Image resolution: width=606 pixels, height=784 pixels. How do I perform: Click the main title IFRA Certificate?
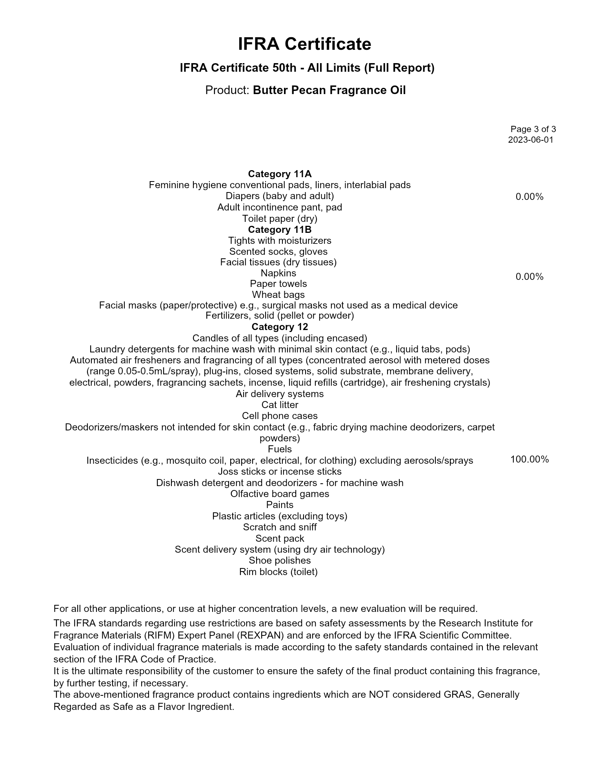click(304, 44)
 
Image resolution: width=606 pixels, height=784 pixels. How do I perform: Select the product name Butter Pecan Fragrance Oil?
click(329, 90)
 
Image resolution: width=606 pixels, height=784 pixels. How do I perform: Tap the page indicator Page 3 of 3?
click(533, 129)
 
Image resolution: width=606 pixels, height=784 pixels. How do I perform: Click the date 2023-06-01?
click(531, 140)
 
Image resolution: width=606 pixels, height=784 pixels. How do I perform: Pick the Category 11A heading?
click(280, 174)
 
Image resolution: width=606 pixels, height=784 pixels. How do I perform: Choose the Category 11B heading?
click(280, 229)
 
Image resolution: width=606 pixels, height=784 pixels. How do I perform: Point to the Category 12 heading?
click(280, 327)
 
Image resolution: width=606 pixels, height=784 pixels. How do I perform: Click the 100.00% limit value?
click(530, 459)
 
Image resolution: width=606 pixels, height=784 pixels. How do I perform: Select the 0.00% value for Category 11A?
click(530, 196)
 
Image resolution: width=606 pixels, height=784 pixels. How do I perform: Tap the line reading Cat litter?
click(280, 405)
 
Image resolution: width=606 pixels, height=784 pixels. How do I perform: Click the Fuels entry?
click(280, 449)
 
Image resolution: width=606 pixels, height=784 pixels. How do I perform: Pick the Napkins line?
click(278, 273)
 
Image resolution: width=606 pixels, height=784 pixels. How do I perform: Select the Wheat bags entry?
click(278, 294)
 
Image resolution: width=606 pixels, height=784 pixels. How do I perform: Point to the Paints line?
click(280, 505)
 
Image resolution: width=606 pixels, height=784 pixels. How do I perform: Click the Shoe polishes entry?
click(280, 560)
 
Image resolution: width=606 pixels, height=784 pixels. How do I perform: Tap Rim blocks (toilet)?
click(278, 572)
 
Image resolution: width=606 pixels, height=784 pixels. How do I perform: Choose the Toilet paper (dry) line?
click(280, 218)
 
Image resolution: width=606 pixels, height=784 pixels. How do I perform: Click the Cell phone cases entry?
click(280, 416)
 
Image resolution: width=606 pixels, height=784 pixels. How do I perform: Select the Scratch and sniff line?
click(280, 527)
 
